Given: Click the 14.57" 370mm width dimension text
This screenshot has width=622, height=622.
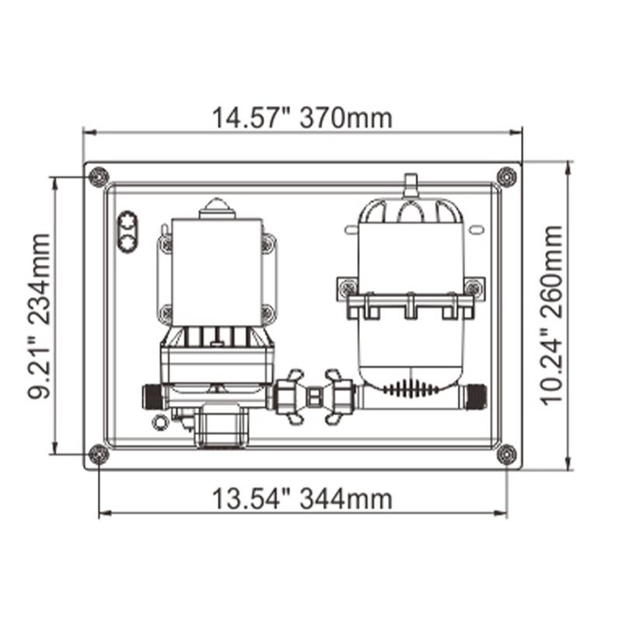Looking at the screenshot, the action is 302,118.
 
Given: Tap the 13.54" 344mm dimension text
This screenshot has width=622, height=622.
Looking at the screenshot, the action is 302,498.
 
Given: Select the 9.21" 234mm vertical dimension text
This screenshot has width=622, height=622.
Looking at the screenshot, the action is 40,316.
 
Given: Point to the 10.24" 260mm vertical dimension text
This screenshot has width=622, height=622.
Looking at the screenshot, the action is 552,316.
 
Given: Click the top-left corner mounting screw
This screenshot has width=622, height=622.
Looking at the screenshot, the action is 99,177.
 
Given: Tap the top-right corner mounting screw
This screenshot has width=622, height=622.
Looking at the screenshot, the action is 507,177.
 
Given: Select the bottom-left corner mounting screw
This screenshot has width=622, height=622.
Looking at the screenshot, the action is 99,455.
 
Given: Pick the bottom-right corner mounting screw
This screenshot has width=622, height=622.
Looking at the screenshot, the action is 507,455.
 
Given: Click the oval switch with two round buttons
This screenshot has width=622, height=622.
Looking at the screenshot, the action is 128,232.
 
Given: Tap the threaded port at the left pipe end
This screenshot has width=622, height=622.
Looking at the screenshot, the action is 152,397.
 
